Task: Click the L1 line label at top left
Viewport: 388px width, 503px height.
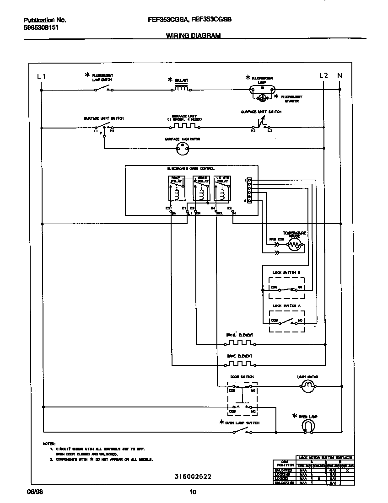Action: pos(41,76)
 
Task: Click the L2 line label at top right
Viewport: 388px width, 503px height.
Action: pos(323,75)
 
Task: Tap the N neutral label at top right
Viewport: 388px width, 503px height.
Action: pos(339,75)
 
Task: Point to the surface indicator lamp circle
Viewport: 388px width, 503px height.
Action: pos(183,148)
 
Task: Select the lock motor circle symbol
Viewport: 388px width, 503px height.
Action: pos(308,387)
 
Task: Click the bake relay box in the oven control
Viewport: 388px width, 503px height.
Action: pos(177,188)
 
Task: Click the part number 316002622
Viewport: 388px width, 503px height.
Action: pos(193,476)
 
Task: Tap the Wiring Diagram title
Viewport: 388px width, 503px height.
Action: pos(193,35)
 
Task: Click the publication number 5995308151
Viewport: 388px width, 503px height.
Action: pos(41,27)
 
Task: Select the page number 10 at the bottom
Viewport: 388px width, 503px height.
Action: pos(193,492)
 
